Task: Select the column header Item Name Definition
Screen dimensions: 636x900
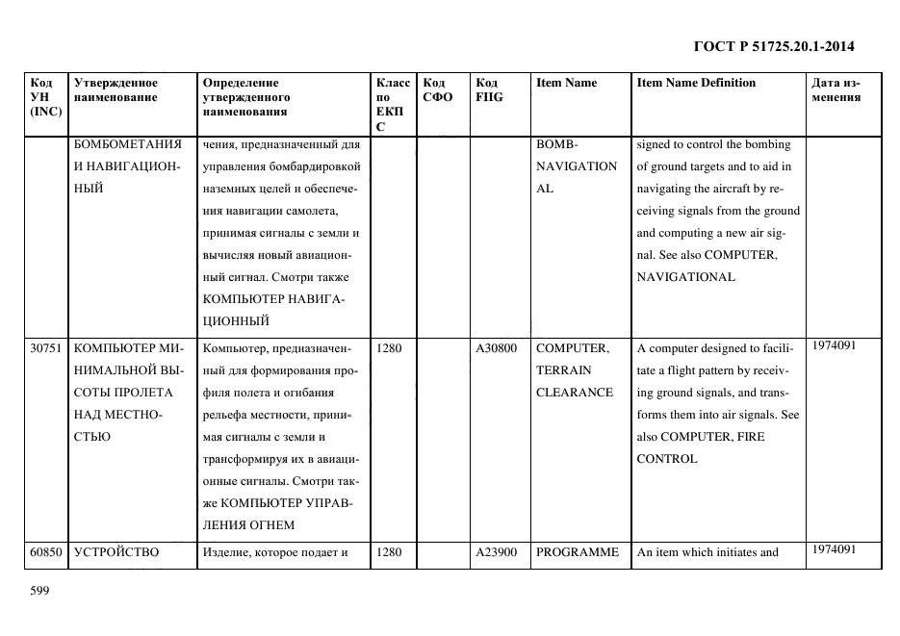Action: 696,83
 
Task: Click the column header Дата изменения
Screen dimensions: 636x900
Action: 836,89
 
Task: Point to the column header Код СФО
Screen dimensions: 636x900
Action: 437,89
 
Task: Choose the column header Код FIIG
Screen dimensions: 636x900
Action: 489,89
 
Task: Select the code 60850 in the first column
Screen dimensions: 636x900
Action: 46,552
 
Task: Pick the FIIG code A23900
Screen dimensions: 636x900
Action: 497,552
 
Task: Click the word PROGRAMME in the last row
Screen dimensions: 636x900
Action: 577,552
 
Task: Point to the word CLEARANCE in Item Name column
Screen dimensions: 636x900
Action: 575,393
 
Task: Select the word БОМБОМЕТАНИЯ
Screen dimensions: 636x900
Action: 127,145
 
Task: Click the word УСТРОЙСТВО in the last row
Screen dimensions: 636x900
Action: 116,552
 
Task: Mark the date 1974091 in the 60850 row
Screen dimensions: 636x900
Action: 832,549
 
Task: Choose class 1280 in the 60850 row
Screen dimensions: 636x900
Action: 388,552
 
